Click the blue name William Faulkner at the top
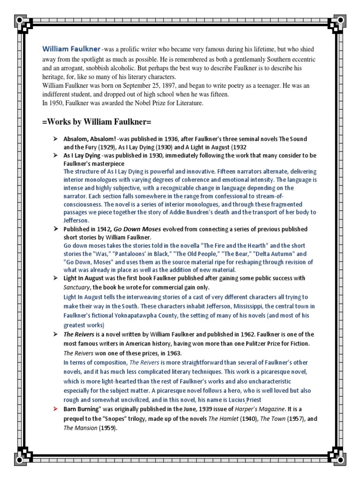71,49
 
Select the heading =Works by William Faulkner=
97,122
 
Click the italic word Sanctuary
76,287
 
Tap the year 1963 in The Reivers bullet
172,352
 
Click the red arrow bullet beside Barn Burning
55,409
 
